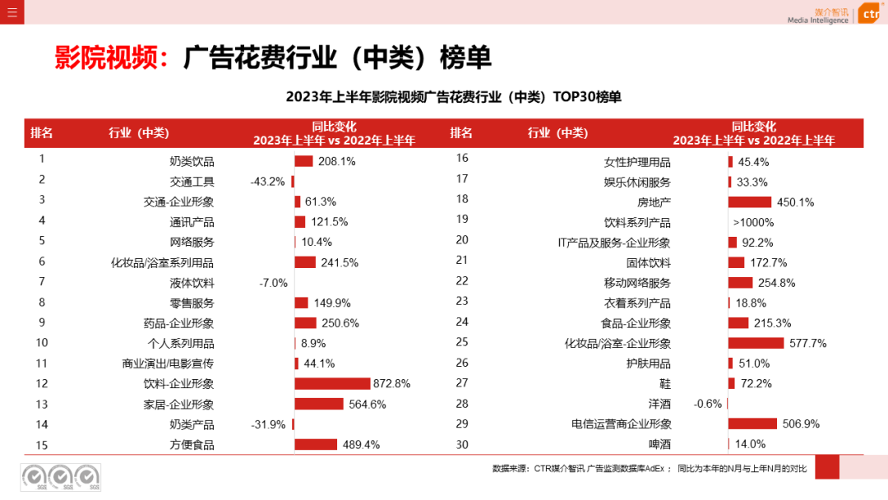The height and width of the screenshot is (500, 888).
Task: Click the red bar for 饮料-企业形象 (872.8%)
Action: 332,383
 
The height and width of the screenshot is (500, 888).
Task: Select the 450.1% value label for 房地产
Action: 795,201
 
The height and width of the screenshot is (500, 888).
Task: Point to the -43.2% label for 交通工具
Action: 267,182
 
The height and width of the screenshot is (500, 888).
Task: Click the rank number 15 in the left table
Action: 42,444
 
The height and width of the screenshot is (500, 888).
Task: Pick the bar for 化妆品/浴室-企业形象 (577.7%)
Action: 756,343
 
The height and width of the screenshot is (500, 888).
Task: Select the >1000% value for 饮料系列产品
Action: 753,222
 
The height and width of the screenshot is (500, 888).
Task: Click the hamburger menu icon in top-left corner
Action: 12,12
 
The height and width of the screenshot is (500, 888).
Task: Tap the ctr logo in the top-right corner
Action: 868,14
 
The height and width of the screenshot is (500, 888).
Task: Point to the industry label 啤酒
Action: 659,444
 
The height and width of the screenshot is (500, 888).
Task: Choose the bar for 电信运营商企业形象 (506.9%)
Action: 752,424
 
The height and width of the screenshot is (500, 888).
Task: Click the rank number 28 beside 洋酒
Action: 461,403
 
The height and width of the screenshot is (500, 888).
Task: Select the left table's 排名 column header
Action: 42,133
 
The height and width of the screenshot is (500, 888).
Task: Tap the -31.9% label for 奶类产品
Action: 268,424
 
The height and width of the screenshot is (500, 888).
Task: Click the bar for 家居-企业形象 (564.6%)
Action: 319,404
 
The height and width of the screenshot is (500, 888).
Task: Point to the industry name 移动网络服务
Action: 637,283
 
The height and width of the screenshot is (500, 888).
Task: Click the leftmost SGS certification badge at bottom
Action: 34,476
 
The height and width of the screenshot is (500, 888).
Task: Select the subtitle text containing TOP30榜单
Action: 453,97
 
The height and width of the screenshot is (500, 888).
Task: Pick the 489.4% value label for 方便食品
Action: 361,444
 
